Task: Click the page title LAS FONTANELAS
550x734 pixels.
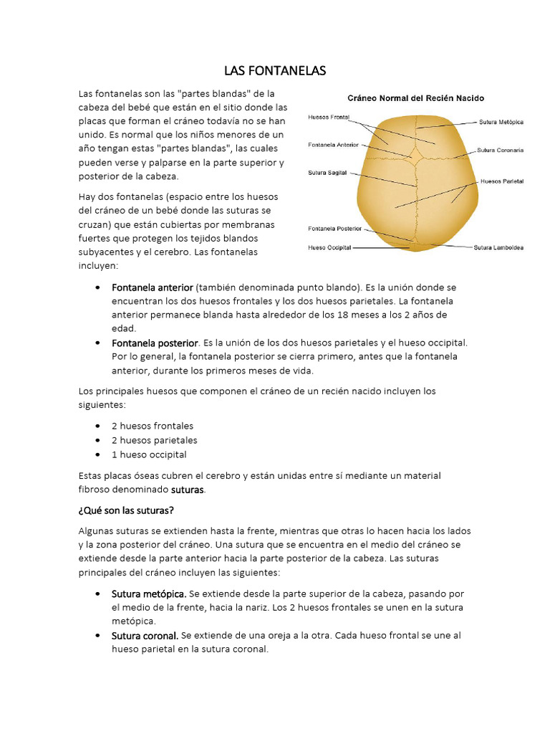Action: pyautogui.click(x=275, y=70)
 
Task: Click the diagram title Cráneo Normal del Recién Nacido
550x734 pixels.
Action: pyautogui.click(x=416, y=97)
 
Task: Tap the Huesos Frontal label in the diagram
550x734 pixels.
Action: pyautogui.click(x=329, y=116)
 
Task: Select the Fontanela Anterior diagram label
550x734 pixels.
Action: pyautogui.click(x=333, y=144)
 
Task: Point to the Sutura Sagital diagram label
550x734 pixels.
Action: pyautogui.click(x=327, y=173)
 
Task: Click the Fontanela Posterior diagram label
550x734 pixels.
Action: pyautogui.click(x=334, y=229)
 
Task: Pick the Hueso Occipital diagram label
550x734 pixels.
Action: pyautogui.click(x=329, y=247)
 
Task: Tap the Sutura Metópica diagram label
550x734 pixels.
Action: pyautogui.click(x=501, y=122)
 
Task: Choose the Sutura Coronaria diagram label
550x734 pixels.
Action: pyautogui.click(x=500, y=151)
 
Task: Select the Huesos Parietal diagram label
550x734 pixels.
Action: pyautogui.click(x=502, y=181)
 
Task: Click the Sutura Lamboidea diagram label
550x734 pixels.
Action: pyautogui.click(x=498, y=248)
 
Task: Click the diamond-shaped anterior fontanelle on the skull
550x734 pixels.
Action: pyautogui.click(x=415, y=154)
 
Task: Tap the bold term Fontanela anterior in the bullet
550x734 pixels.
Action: pyautogui.click(x=152, y=287)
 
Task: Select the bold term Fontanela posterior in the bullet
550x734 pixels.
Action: pyautogui.click(x=154, y=343)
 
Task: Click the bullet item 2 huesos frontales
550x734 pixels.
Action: pyautogui.click(x=152, y=426)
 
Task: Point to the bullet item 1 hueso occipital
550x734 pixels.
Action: pyautogui.click(x=148, y=454)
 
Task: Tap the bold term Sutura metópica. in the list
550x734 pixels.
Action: pyautogui.click(x=149, y=594)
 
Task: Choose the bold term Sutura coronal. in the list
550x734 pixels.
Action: pyautogui.click(x=145, y=635)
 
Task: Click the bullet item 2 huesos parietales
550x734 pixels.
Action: pyautogui.click(x=154, y=440)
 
